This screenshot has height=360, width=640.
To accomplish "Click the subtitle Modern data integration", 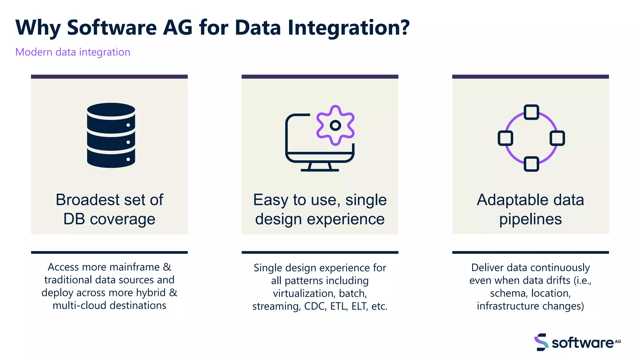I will click(72, 52).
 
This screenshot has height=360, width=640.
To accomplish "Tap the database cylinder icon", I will click(111, 135).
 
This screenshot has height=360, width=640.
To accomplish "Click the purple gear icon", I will click(335, 125).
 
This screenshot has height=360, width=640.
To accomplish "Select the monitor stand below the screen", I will click(319, 167).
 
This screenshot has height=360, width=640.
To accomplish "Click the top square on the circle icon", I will click(531, 112).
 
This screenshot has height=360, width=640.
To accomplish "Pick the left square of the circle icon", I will click(505, 138).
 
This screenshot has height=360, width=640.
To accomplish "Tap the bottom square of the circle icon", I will click(531, 164).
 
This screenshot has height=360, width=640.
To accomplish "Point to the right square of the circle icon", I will click(557, 138).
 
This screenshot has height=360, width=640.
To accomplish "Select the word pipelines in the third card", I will click(530, 219).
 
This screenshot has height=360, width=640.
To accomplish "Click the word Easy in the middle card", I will click(271, 200).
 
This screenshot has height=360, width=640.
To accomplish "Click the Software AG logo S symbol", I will click(541, 342).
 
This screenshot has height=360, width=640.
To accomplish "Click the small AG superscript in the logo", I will click(618, 341).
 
